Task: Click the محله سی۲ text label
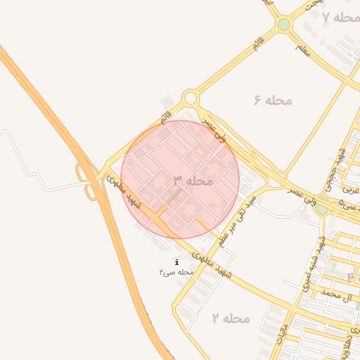coord(176,271)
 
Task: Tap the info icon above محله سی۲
coord(176,262)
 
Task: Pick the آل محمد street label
coord(335,293)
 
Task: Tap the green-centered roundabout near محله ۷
coord(283,25)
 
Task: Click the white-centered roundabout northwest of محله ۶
coord(191,98)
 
